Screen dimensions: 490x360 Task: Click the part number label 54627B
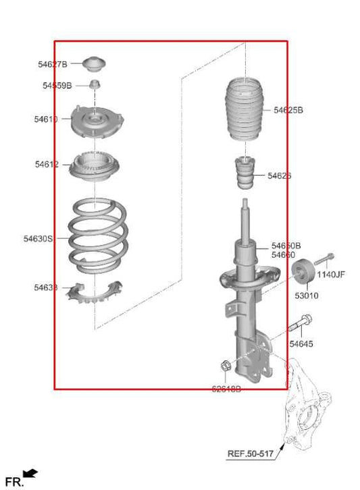[x=52, y=64]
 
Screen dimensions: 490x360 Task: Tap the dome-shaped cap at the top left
[x=95, y=64]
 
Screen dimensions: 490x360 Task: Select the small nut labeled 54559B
[x=95, y=85]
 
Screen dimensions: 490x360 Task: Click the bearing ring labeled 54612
[x=95, y=165]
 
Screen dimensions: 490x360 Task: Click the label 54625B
[x=288, y=110]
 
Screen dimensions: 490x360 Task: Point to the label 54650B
[x=286, y=246]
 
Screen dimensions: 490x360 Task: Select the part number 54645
[x=301, y=344]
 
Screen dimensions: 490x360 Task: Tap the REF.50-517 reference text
[x=250, y=454]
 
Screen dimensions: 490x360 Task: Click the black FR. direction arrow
[x=30, y=475]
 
